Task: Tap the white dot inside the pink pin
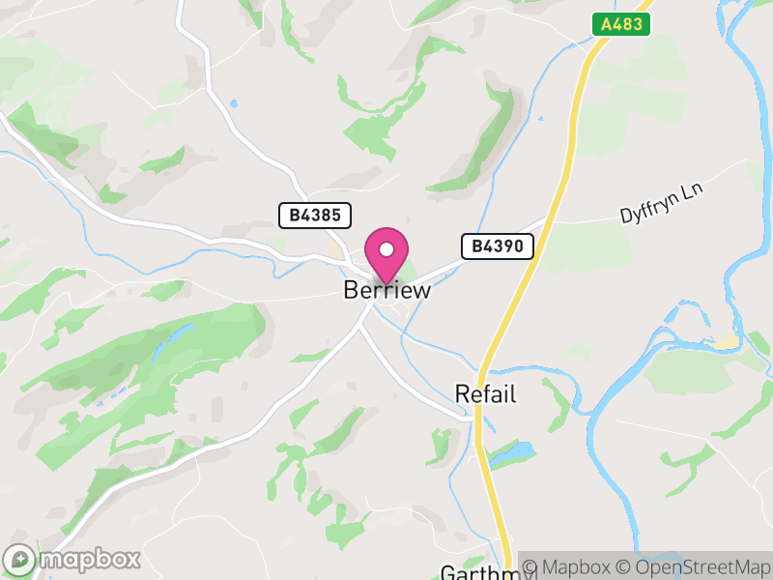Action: tap(386, 249)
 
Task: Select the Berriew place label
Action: tap(386, 290)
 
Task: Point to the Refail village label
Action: tap(486, 394)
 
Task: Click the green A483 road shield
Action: tap(621, 24)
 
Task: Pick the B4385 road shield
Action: tap(315, 216)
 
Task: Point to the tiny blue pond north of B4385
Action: tap(233, 102)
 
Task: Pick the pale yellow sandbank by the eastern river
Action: tap(726, 342)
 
